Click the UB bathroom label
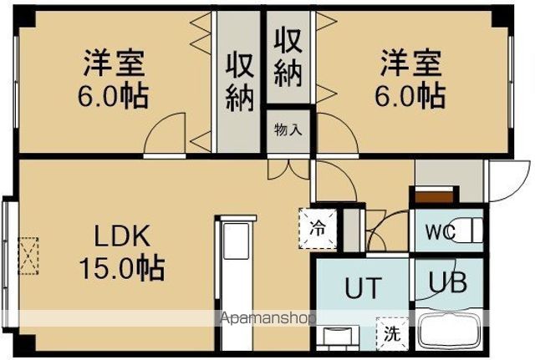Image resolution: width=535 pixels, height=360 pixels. pyautogui.click(x=449, y=281)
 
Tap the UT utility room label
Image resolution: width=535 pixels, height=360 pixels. pyautogui.click(x=364, y=288)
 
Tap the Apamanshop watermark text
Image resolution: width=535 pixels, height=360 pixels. pyautogui.click(x=267, y=318)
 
